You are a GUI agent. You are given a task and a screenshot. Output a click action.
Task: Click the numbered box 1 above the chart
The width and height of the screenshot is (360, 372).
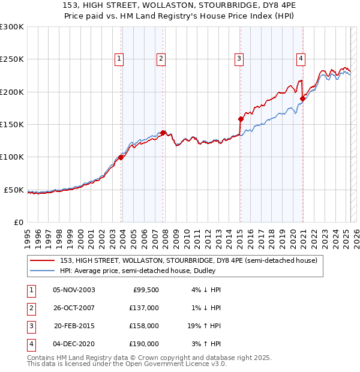[x=119, y=58]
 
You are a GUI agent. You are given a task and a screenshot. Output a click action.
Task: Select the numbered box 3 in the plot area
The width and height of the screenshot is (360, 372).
[x=239, y=58]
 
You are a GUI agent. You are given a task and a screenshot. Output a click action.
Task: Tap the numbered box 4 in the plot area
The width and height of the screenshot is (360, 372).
[x=300, y=58]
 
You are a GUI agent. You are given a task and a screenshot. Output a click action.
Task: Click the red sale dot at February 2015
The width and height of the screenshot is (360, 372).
[x=240, y=119]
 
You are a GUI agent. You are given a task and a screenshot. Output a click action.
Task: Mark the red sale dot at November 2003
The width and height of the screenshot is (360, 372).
[x=121, y=157]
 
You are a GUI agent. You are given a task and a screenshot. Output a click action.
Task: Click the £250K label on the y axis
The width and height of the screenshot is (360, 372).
[x=12, y=59]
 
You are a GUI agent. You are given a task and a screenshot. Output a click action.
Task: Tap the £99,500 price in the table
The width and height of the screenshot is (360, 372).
[x=146, y=290]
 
